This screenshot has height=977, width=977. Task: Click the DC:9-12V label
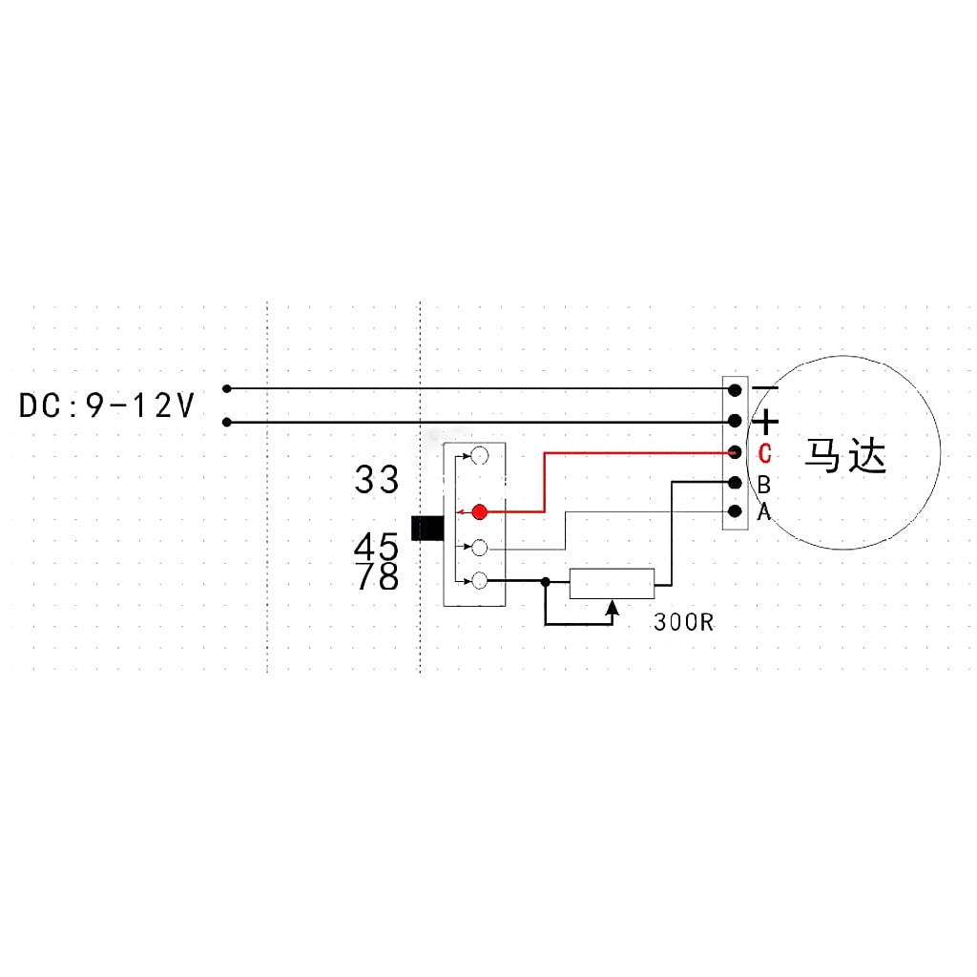pyautogui.click(x=107, y=405)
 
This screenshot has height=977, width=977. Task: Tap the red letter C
pyautogui.click(x=764, y=453)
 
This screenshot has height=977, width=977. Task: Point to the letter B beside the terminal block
pyautogui.click(x=764, y=484)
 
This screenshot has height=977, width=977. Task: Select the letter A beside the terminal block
pyautogui.click(x=764, y=511)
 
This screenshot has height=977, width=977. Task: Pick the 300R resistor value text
pyautogui.click(x=683, y=622)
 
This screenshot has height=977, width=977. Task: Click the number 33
pyautogui.click(x=376, y=480)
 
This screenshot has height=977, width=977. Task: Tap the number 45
pyautogui.click(x=376, y=547)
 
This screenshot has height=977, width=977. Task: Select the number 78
pyautogui.click(x=377, y=575)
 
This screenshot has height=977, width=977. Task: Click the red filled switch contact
pyautogui.click(x=479, y=512)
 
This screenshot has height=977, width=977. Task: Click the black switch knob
pyautogui.click(x=427, y=528)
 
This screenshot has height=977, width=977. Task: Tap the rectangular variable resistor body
pyautogui.click(x=612, y=584)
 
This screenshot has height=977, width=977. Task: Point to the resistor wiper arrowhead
pyautogui.click(x=613, y=607)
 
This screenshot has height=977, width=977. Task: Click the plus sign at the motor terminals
pyautogui.click(x=766, y=422)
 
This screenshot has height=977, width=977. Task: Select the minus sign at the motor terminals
pyautogui.click(x=765, y=389)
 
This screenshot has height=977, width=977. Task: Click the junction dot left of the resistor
pyautogui.click(x=546, y=581)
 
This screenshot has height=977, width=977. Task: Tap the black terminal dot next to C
pyautogui.click(x=736, y=452)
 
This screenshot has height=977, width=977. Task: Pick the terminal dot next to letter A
pyautogui.click(x=736, y=511)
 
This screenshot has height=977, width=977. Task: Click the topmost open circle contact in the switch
pyautogui.click(x=479, y=456)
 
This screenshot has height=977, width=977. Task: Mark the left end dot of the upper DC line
pyautogui.click(x=227, y=389)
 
